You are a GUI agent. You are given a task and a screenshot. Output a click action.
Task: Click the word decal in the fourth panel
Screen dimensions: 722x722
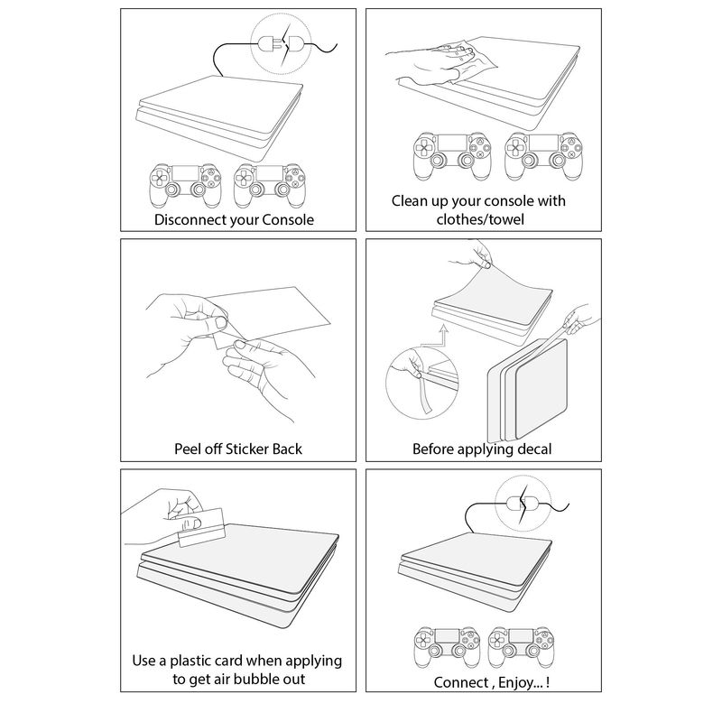(x=534, y=449)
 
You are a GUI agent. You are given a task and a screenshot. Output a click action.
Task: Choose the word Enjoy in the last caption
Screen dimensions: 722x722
(x=514, y=682)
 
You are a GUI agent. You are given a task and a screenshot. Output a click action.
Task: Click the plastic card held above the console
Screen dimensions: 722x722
(x=200, y=528)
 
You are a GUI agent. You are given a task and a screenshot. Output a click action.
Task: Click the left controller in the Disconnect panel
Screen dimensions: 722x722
(x=185, y=186)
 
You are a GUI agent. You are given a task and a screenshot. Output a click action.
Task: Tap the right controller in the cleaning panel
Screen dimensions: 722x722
(x=545, y=157)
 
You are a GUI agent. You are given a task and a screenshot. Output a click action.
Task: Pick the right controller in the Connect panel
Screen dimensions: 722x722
(x=522, y=647)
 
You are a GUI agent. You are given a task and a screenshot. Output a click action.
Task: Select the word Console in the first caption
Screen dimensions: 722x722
(x=288, y=219)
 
